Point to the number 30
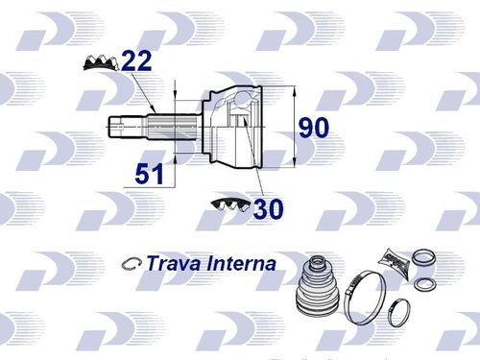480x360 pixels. pyautogui.click(x=268, y=208)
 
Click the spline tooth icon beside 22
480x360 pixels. pyautogui.click(x=101, y=63)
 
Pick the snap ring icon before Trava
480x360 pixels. pyautogui.click(x=132, y=263)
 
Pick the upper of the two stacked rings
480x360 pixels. pyautogui.click(x=423, y=258)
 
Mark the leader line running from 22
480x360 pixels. pyautogui.click(x=146, y=94)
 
